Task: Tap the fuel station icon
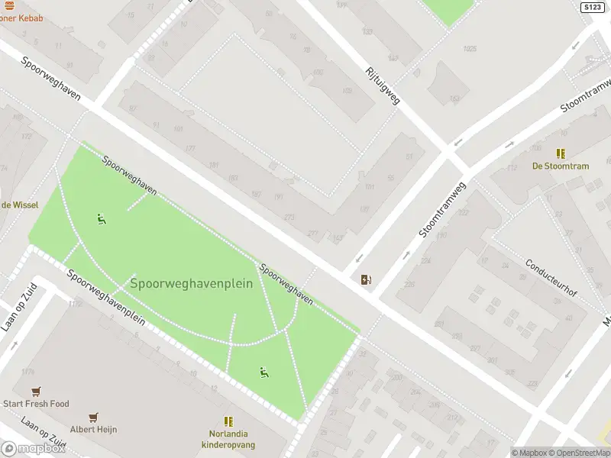point(367,279)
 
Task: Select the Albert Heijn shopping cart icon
point(94,418)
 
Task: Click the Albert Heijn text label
point(94,430)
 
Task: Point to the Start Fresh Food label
point(36,404)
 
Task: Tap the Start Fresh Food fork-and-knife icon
point(36,392)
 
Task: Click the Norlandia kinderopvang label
point(228,439)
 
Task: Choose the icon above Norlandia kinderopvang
point(228,421)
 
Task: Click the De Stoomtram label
point(561,166)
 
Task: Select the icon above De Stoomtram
point(561,153)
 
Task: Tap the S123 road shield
point(592,7)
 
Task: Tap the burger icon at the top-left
point(9,5)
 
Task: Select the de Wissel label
point(19,205)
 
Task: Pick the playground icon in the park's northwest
point(101,219)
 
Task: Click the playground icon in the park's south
point(264,373)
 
